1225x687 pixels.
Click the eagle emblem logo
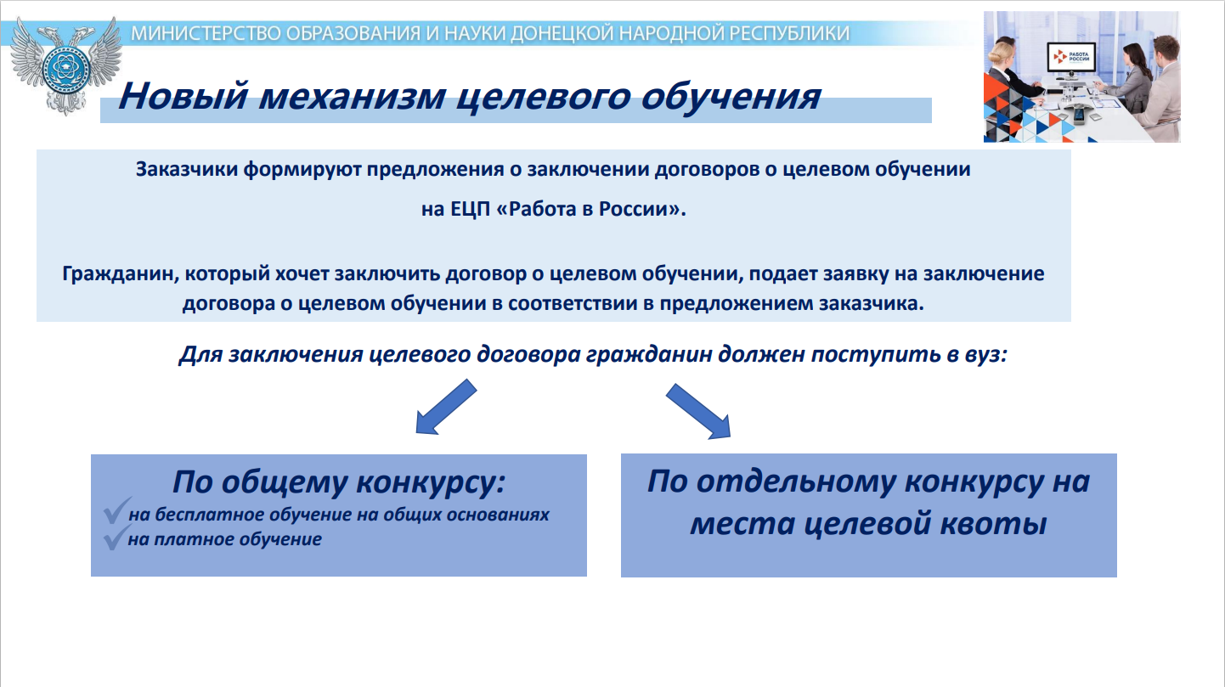point(66,65)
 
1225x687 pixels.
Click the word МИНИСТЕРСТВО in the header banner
point(206,33)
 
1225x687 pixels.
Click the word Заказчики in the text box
point(187,170)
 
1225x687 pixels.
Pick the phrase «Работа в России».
point(590,209)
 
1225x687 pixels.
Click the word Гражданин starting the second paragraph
point(121,273)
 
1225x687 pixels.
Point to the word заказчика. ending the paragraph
point(871,303)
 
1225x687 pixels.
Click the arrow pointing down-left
point(446,407)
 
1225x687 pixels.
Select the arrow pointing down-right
point(698,411)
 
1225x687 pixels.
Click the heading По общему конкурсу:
point(338,482)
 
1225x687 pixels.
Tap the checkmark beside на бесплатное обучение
point(116,510)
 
